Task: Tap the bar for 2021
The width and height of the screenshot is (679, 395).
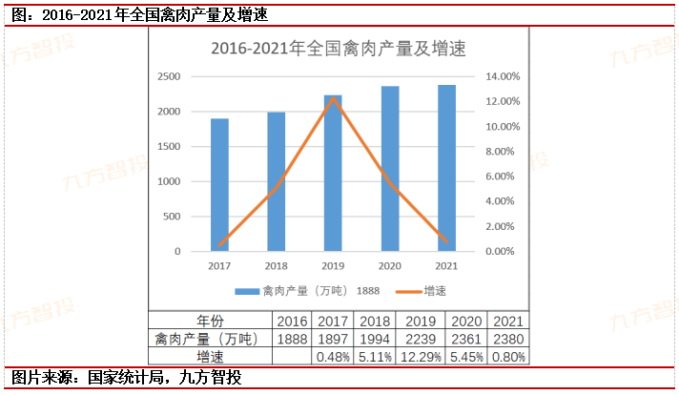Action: [446, 168]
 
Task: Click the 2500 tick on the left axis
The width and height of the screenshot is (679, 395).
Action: [169, 76]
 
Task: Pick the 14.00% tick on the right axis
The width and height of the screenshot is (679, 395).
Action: [504, 76]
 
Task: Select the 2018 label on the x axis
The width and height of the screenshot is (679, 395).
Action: [277, 265]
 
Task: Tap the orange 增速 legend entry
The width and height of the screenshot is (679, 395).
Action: [420, 291]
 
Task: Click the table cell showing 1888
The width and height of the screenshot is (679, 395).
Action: [292, 338]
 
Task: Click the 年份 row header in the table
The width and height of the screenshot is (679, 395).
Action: [210, 321]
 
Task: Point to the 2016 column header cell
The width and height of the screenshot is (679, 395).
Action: [292, 321]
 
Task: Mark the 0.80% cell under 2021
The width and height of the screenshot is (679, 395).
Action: [506, 356]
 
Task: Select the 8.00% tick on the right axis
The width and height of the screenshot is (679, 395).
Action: [504, 152]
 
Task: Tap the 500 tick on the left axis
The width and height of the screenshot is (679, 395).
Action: [173, 217]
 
